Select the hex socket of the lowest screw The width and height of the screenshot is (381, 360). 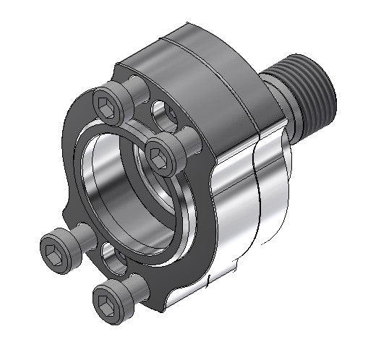(106, 296)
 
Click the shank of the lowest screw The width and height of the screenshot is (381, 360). (129, 284)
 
